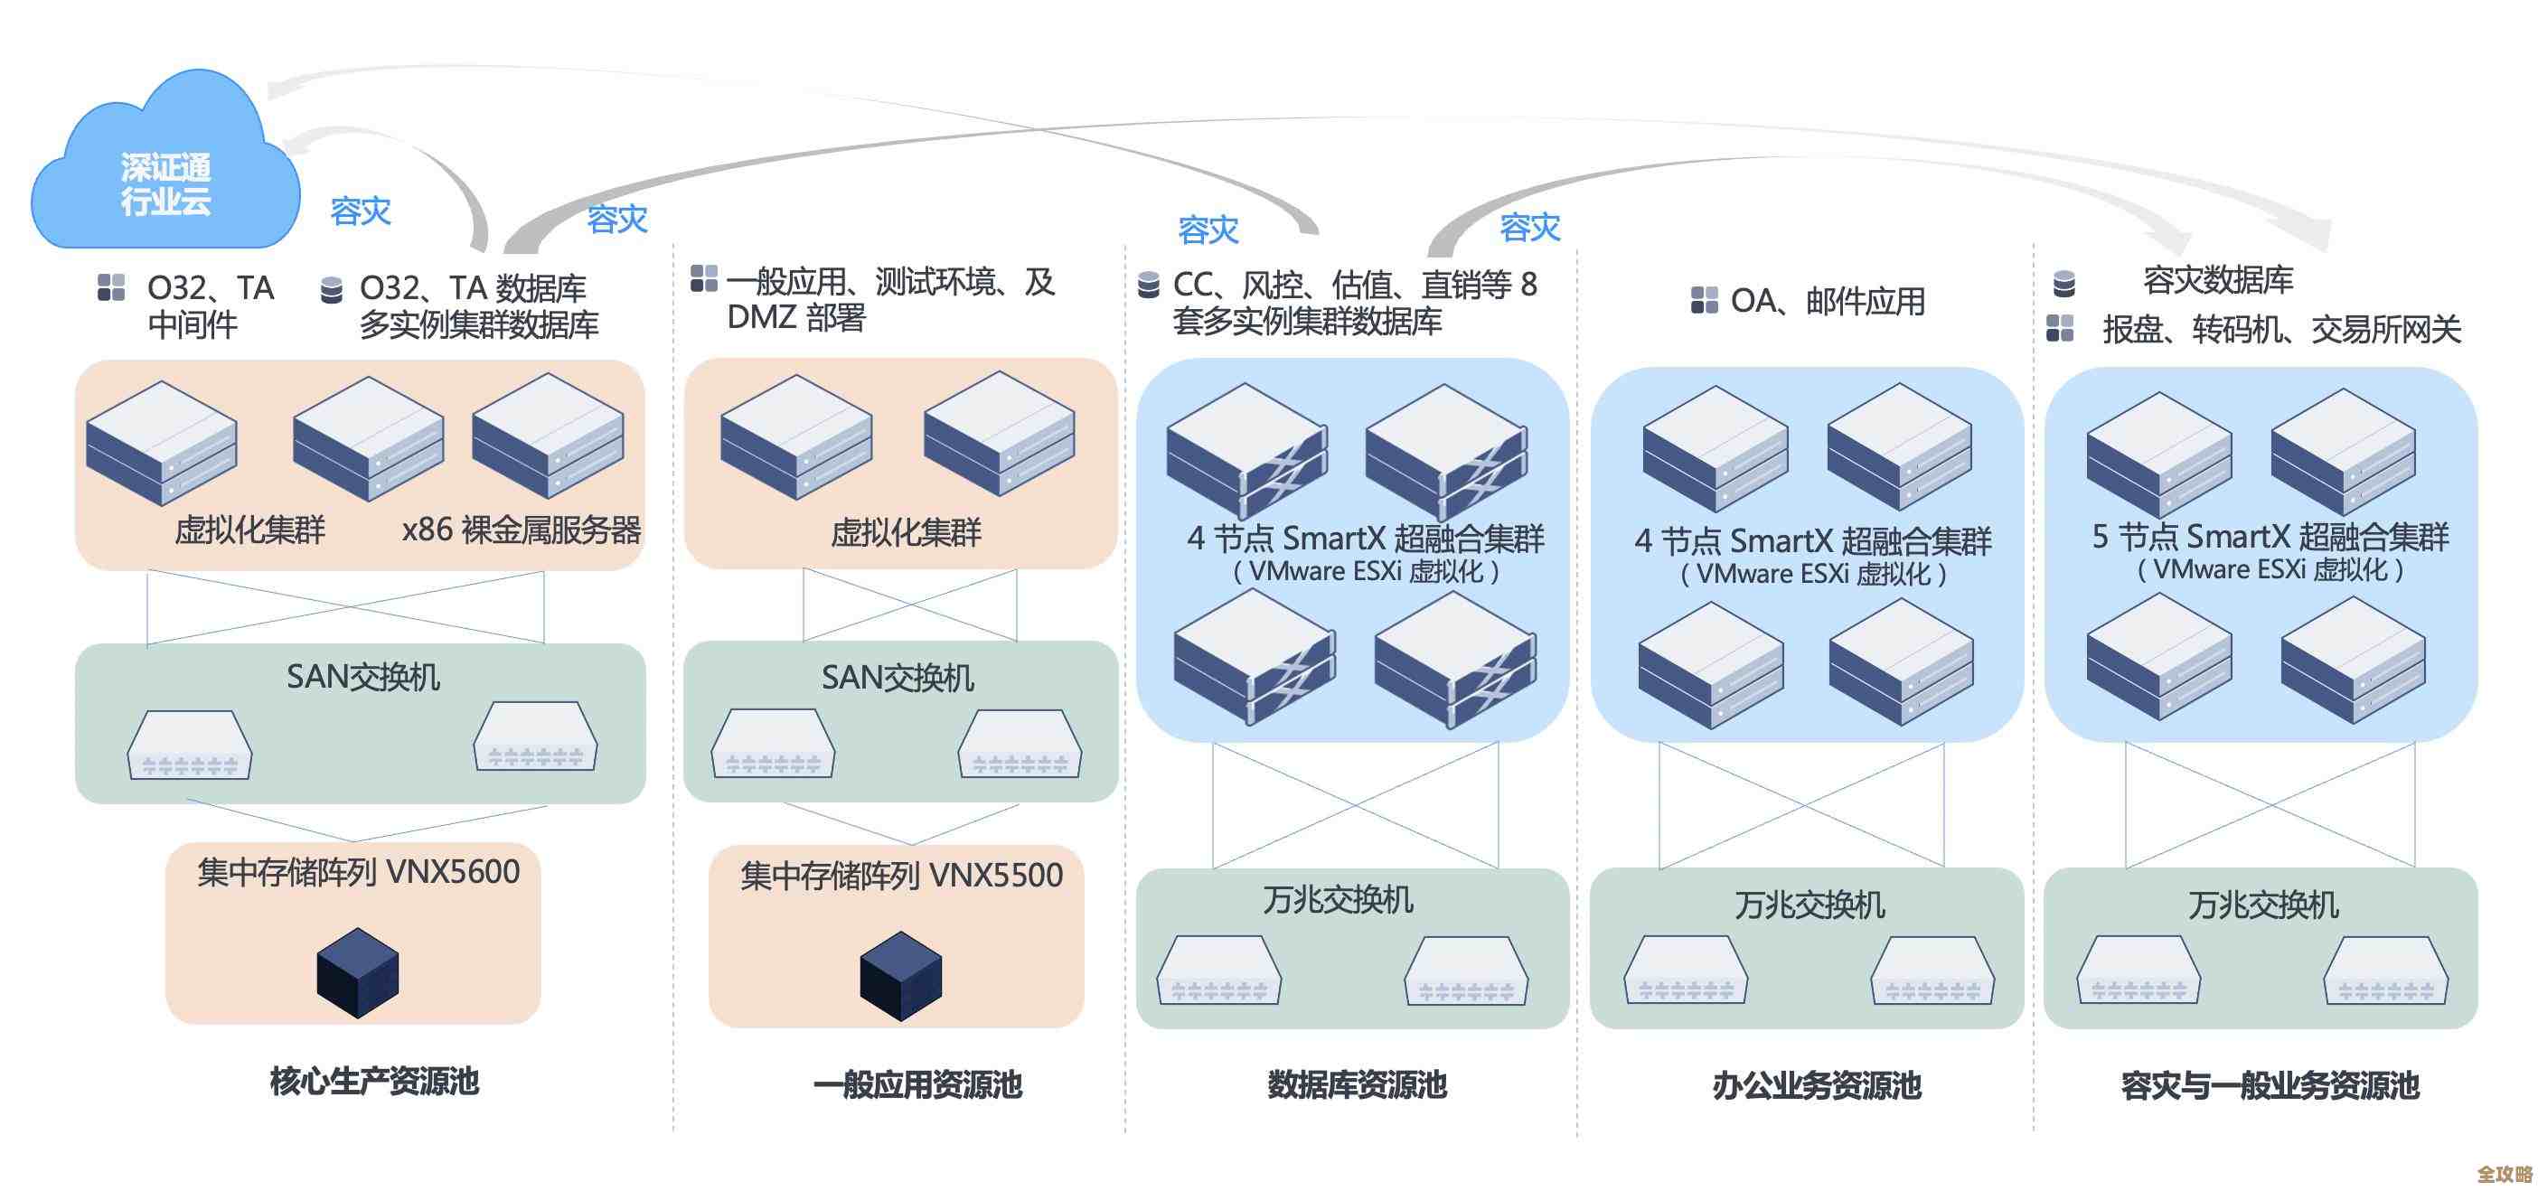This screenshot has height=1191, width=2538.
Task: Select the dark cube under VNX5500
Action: [900, 975]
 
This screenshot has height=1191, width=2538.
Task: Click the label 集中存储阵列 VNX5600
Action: [358, 872]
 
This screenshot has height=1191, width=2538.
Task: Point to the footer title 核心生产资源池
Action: [374, 1081]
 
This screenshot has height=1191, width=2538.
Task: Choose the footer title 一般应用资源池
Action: [917, 1084]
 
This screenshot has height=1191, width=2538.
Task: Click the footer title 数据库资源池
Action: [1357, 1084]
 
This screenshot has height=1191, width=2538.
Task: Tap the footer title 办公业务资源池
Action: [1816, 1085]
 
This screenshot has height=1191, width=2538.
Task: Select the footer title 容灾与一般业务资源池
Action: [2269, 1085]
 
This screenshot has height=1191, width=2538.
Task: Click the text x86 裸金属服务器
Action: [522, 530]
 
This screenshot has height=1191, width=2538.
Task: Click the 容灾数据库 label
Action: [2218, 281]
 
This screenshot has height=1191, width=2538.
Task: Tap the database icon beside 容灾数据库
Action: [2063, 284]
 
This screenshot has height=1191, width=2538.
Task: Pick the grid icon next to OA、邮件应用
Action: [1704, 299]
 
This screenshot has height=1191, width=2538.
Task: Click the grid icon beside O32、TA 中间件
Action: [111, 287]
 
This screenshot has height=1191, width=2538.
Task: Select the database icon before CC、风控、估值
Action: [1148, 285]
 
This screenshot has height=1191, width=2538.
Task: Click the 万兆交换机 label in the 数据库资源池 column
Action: [1338, 899]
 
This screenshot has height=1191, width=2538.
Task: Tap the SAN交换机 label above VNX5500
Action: [898, 678]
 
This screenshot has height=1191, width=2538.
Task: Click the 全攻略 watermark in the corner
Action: [2504, 1173]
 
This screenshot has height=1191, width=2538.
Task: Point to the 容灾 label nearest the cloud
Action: [360, 211]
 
